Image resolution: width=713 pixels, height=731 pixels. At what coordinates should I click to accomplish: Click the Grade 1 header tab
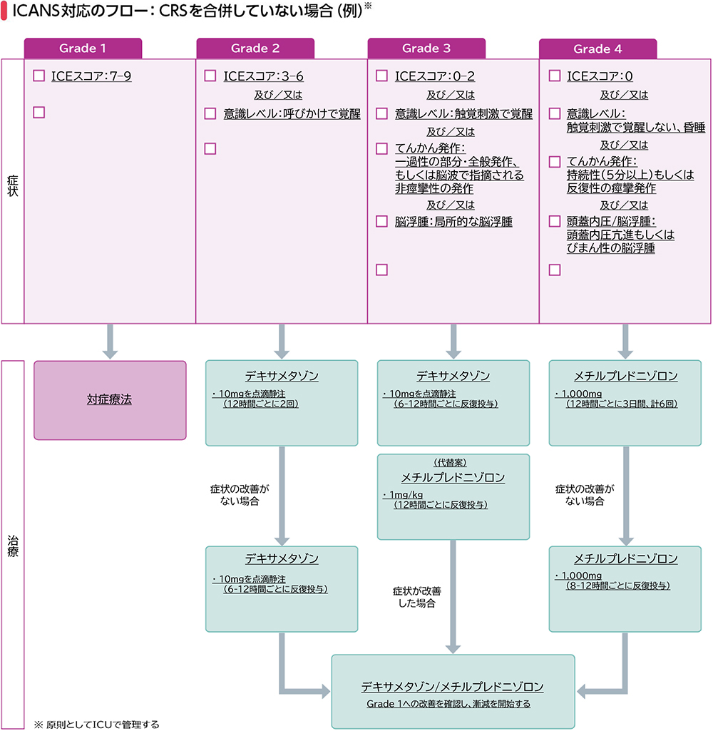coord(83,48)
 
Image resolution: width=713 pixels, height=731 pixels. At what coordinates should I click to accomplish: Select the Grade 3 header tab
coord(426,48)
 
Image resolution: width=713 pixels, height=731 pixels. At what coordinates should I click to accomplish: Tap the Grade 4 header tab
coord(597,49)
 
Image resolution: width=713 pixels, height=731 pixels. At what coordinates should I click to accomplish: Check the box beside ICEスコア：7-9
coord(39,76)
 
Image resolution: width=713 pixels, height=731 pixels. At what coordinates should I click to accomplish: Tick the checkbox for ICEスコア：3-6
coord(210,76)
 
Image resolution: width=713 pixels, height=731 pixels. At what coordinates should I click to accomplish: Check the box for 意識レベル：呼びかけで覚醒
coord(210,113)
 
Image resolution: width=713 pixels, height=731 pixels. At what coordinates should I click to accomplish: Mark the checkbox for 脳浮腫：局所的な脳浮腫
coord(381,221)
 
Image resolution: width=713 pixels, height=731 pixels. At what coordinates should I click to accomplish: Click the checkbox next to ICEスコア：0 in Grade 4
coord(555,76)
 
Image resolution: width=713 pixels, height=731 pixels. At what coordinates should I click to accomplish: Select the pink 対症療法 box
coord(110,400)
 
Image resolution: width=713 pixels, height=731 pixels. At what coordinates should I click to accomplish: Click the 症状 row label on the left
coord(13,190)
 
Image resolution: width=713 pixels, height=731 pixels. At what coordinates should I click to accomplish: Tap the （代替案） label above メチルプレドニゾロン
coord(453,462)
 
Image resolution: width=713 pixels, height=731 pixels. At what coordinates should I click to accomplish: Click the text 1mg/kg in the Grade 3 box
coord(403,495)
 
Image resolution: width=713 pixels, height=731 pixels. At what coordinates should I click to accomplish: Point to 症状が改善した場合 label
coord(417,597)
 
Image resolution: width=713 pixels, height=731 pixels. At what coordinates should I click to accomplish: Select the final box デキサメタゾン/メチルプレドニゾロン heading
coord(452,687)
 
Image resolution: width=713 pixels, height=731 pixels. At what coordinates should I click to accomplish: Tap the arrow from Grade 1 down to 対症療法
coord(110,341)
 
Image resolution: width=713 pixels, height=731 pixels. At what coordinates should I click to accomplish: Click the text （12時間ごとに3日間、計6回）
coord(620,404)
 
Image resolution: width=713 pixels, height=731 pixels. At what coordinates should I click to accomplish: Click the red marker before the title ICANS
coord(5,11)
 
